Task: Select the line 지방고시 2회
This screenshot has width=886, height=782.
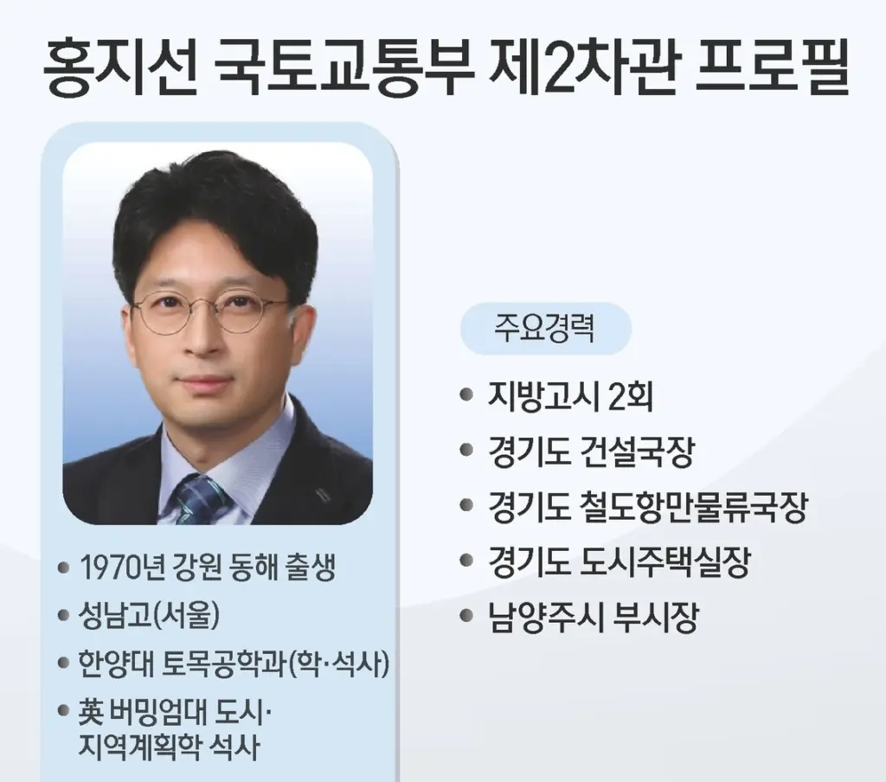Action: (569, 397)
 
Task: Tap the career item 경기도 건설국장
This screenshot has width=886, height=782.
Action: (590, 452)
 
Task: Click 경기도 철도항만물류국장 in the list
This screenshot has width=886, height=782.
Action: (646, 509)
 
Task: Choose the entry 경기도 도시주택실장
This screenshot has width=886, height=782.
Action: (618, 563)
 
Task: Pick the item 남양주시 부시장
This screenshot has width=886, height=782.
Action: (592, 619)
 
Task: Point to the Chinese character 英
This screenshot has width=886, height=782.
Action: (90, 712)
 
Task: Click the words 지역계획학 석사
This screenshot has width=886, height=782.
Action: (168, 745)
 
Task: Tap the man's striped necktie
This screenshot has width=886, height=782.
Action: (199, 499)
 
